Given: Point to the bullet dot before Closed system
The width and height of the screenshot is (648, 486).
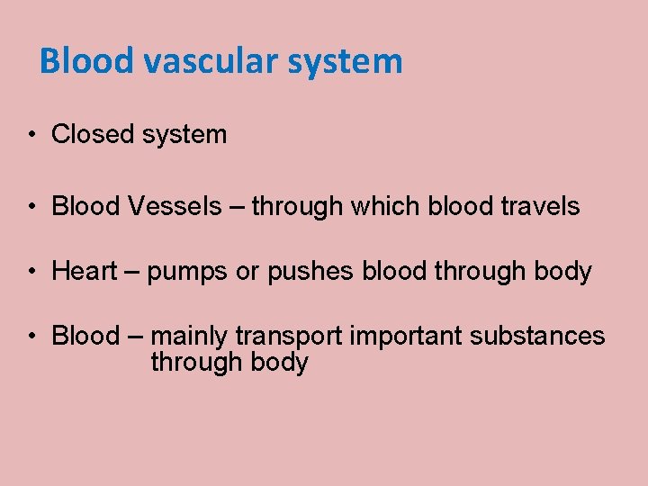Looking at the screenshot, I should pyautogui.click(x=31, y=136).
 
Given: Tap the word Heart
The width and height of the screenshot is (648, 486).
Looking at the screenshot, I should pyautogui.click(x=85, y=272).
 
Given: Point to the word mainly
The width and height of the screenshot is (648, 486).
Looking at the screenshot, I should pyautogui.click(x=190, y=337).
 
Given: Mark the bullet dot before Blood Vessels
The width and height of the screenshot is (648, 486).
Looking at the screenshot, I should pyautogui.click(x=31, y=208).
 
